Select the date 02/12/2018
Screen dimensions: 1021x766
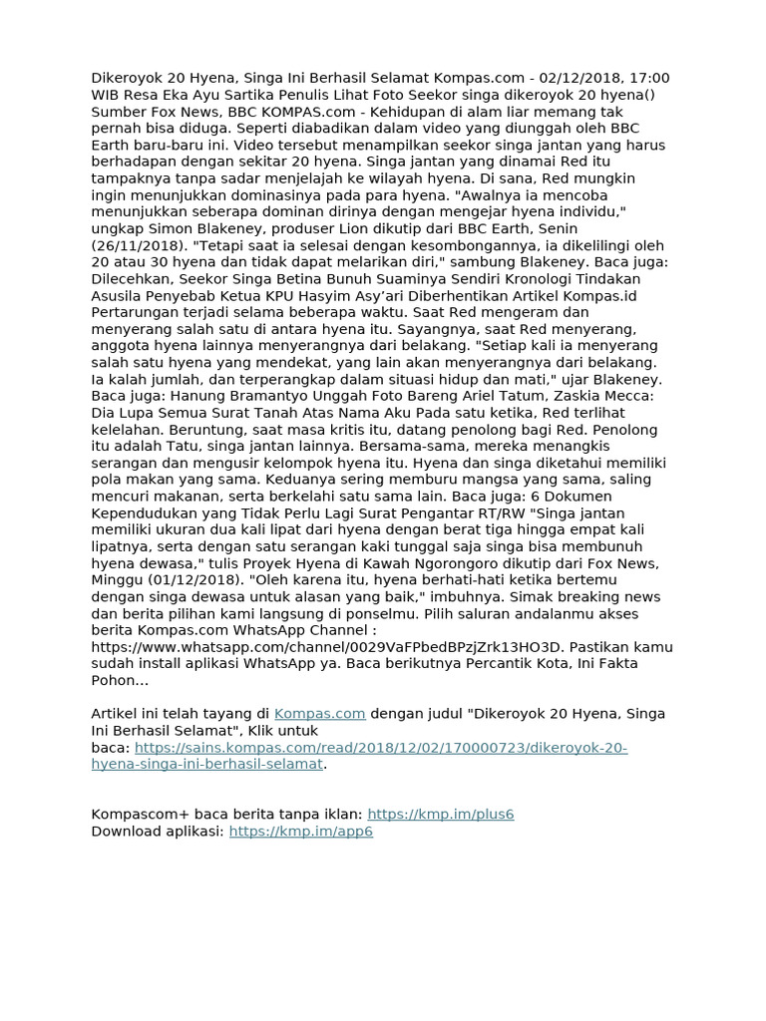coord(580,78)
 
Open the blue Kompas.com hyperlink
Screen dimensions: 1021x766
coord(320,714)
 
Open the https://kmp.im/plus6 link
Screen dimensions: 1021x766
coord(441,814)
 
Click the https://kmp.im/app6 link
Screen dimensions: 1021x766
coord(301,831)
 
